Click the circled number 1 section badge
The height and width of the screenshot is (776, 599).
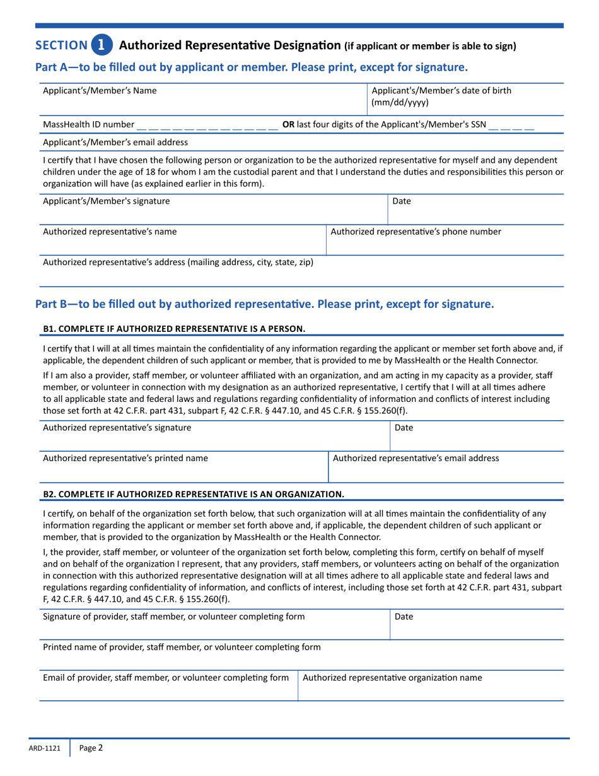(x=102, y=45)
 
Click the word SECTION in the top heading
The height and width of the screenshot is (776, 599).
(x=61, y=45)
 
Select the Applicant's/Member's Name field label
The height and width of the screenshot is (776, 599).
(x=100, y=91)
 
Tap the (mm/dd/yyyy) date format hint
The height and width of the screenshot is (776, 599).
(x=400, y=102)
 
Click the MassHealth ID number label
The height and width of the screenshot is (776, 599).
(x=88, y=125)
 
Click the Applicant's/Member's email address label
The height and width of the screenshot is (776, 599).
(x=115, y=143)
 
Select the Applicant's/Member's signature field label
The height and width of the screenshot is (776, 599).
(x=106, y=201)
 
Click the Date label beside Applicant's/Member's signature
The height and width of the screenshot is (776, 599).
(x=402, y=201)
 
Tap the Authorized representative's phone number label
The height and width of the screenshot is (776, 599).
(x=416, y=232)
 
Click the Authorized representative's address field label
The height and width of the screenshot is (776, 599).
(x=178, y=262)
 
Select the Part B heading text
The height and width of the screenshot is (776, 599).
(x=264, y=304)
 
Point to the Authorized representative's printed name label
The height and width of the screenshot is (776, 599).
(x=124, y=458)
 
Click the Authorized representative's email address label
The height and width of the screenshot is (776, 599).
(x=416, y=458)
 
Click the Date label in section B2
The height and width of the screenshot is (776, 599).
(x=403, y=616)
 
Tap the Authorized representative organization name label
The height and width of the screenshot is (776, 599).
(x=393, y=678)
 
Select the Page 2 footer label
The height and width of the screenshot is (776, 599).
(x=91, y=748)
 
